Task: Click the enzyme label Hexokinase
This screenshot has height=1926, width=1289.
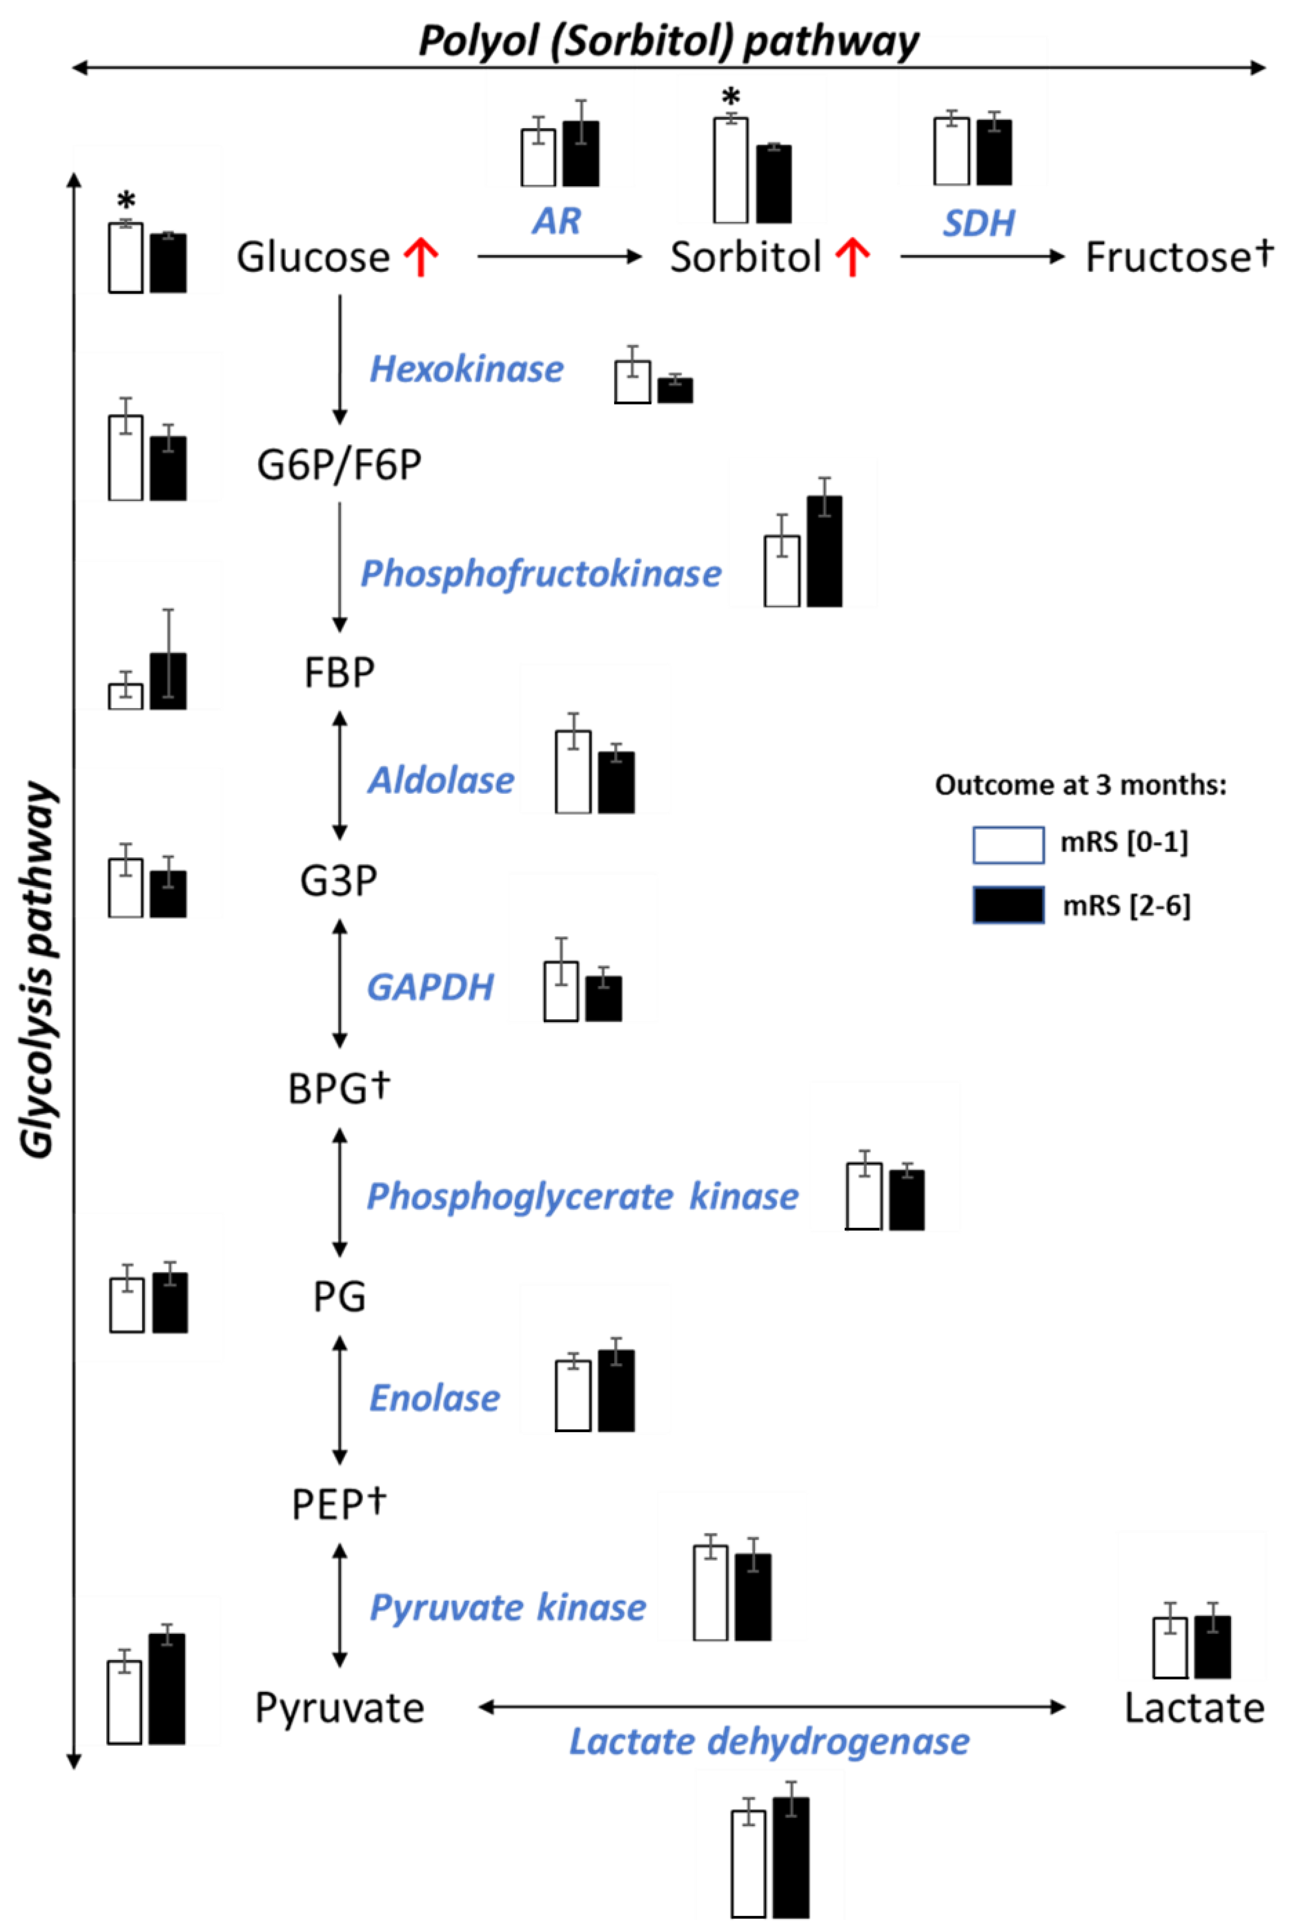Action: click(466, 369)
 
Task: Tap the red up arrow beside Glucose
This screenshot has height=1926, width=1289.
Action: click(421, 257)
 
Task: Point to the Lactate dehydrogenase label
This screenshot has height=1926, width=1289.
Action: click(770, 1742)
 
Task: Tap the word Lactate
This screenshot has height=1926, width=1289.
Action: click(1194, 1709)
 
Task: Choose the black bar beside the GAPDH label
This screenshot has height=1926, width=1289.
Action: click(604, 999)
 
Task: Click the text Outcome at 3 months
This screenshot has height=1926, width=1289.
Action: click(1080, 786)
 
